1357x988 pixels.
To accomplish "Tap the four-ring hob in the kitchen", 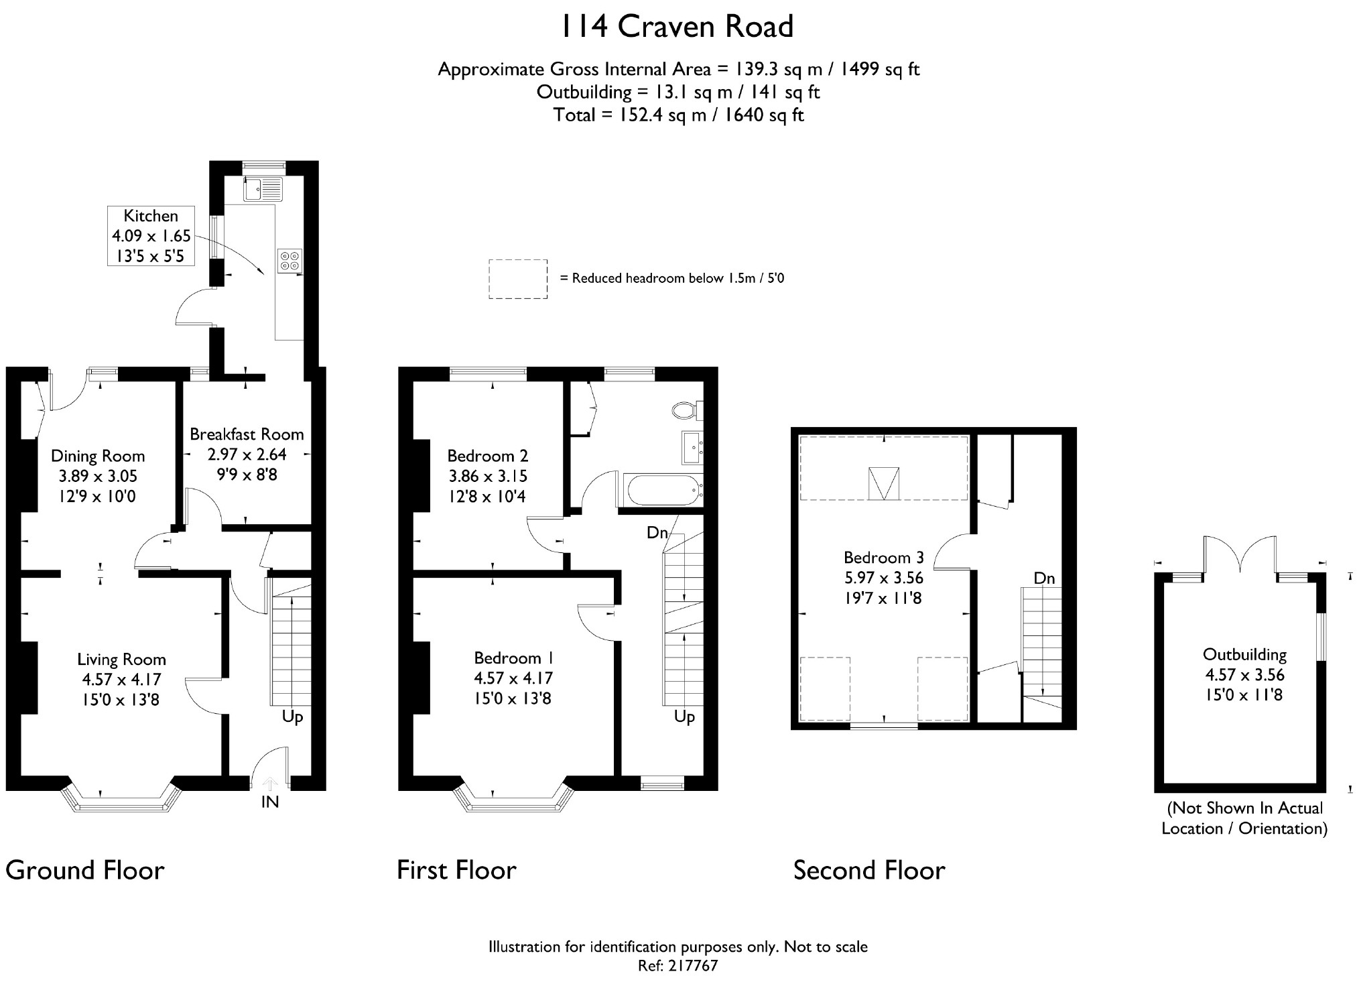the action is (x=290, y=260).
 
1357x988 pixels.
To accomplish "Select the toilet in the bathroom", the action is (x=688, y=410).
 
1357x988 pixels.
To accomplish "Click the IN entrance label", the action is (x=269, y=802).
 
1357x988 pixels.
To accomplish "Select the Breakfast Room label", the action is (x=247, y=434).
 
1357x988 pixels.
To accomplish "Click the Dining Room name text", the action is (x=98, y=456).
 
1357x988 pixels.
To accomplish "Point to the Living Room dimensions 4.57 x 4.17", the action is (x=121, y=680).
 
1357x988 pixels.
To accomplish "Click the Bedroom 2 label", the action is (x=488, y=456).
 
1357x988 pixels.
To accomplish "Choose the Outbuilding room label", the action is (x=1244, y=655).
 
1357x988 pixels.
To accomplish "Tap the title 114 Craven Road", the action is (x=677, y=27).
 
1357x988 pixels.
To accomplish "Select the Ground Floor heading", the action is (x=85, y=871).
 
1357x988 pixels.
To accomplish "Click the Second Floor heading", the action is (x=869, y=871).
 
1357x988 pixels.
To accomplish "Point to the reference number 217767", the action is (x=692, y=966).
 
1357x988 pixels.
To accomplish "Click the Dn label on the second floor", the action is (x=1044, y=578).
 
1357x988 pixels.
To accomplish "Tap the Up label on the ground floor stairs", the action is (x=292, y=717).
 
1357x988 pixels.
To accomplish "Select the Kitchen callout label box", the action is (x=151, y=235).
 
